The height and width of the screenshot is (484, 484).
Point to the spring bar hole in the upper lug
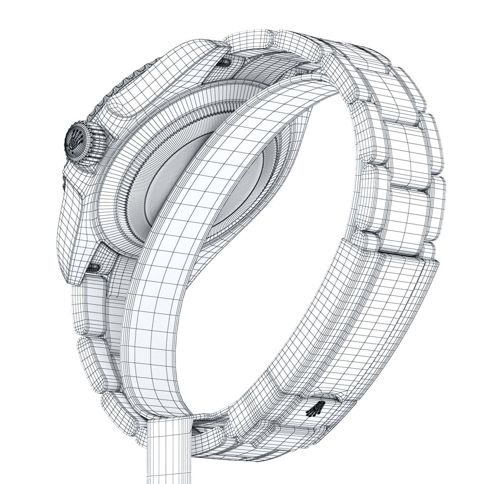pyautogui.click(x=224, y=62)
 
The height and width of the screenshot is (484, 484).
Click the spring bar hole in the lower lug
pyautogui.click(x=93, y=266)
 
